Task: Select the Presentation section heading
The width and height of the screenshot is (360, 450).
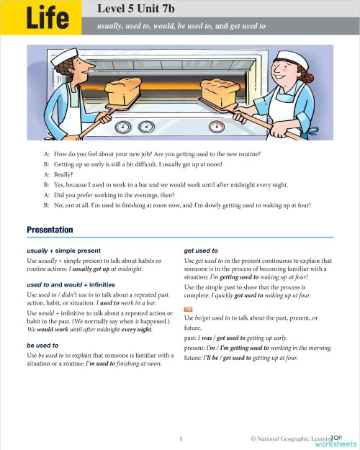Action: pyautogui.click(x=50, y=230)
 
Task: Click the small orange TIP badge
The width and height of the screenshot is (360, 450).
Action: pyautogui.click(x=189, y=309)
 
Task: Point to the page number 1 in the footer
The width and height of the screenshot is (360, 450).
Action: pyautogui.click(x=181, y=438)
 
